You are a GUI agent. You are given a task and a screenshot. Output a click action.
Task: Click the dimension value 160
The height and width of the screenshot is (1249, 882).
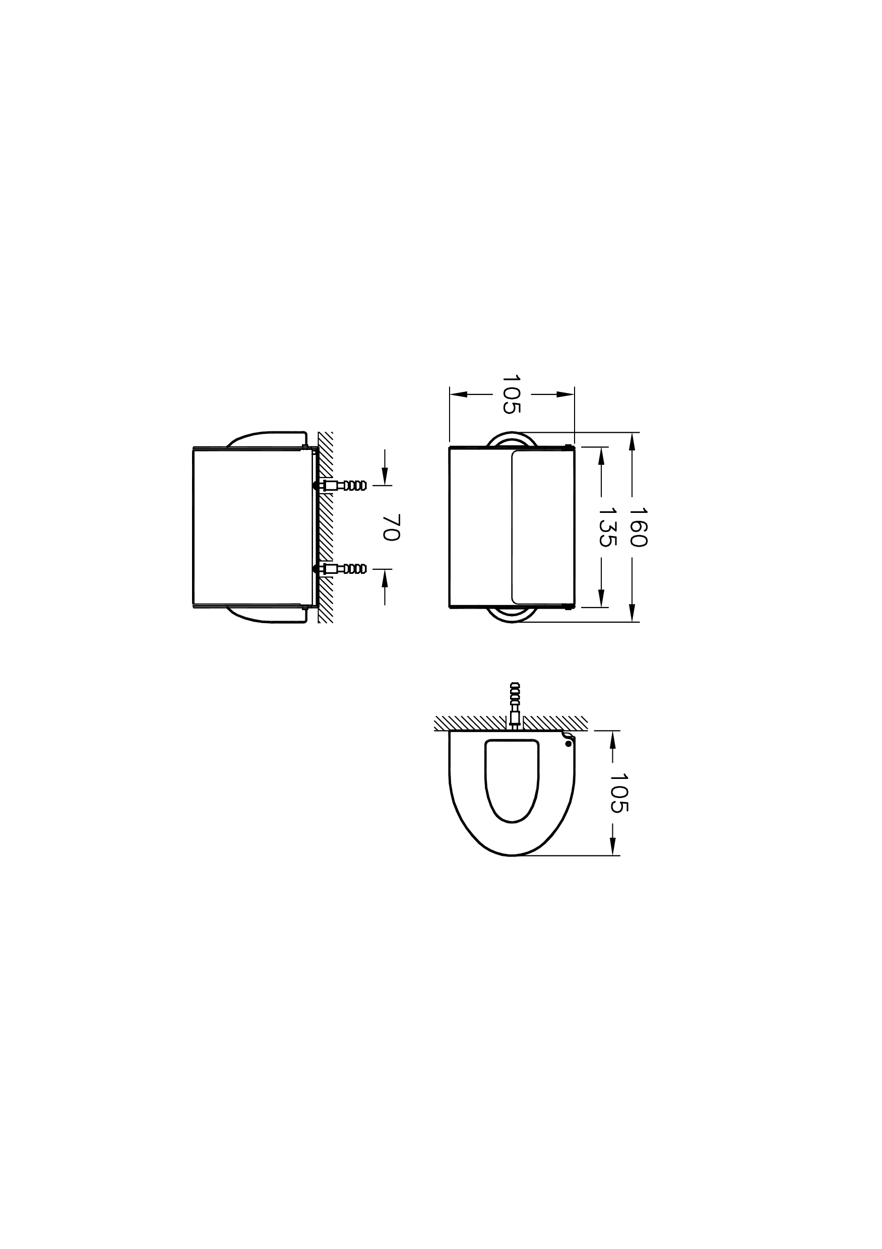pos(638,527)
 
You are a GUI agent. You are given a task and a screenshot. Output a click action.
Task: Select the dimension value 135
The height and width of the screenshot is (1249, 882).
pos(607,527)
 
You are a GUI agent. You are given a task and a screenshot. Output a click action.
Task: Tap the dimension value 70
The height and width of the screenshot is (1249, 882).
pos(391,527)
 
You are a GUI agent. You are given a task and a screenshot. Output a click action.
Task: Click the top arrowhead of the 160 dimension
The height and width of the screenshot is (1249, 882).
pos(632,441)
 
